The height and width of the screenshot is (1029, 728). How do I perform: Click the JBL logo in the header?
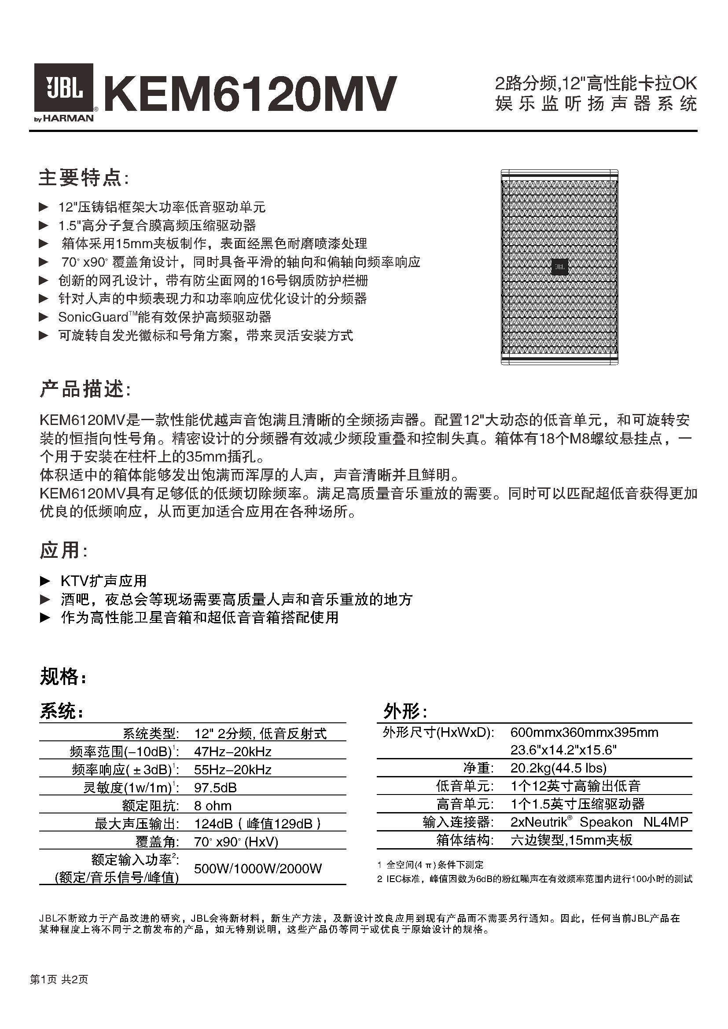tap(64, 88)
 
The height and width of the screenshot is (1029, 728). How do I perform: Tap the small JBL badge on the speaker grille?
tap(559, 267)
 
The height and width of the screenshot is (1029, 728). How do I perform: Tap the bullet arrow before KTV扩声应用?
tap(45, 581)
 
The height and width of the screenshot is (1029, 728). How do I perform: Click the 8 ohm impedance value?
tap(213, 806)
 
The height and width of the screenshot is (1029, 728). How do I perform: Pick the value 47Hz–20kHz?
tap(233, 751)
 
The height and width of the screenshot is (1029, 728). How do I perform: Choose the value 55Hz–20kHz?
tap(233, 770)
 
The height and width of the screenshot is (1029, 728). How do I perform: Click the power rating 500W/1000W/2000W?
tap(258, 868)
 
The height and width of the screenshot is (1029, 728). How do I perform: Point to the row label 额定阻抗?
tap(150, 806)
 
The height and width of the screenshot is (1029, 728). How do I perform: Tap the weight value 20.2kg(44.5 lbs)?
tap(558, 768)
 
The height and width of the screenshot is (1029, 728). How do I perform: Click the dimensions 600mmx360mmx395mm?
tap(584, 733)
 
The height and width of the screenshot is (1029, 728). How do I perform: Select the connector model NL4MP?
tap(665, 822)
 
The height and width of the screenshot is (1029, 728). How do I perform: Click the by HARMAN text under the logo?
tap(64, 119)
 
